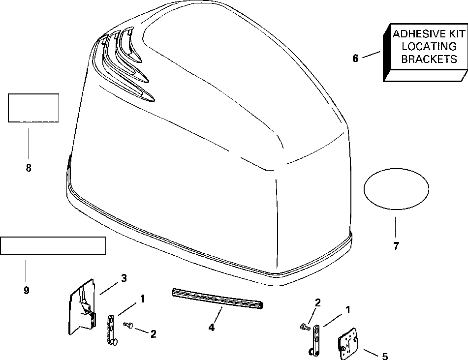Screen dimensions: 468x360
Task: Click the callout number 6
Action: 355,58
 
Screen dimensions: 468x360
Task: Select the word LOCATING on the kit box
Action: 422,47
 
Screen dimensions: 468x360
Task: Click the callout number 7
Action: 396,246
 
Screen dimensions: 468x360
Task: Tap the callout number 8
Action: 28,168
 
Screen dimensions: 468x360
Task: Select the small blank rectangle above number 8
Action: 33,108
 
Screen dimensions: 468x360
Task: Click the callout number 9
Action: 26,290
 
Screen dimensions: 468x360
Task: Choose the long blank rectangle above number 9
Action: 53,245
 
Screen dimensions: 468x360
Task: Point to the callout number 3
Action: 124,278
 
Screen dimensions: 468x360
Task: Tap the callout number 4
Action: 212,327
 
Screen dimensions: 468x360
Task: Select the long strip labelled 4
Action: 218,299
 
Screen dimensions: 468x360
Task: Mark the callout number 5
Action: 385,356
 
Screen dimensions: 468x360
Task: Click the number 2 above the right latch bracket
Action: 318,303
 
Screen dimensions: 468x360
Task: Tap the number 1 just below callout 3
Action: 142,298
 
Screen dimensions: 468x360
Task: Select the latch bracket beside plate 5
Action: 314,339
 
